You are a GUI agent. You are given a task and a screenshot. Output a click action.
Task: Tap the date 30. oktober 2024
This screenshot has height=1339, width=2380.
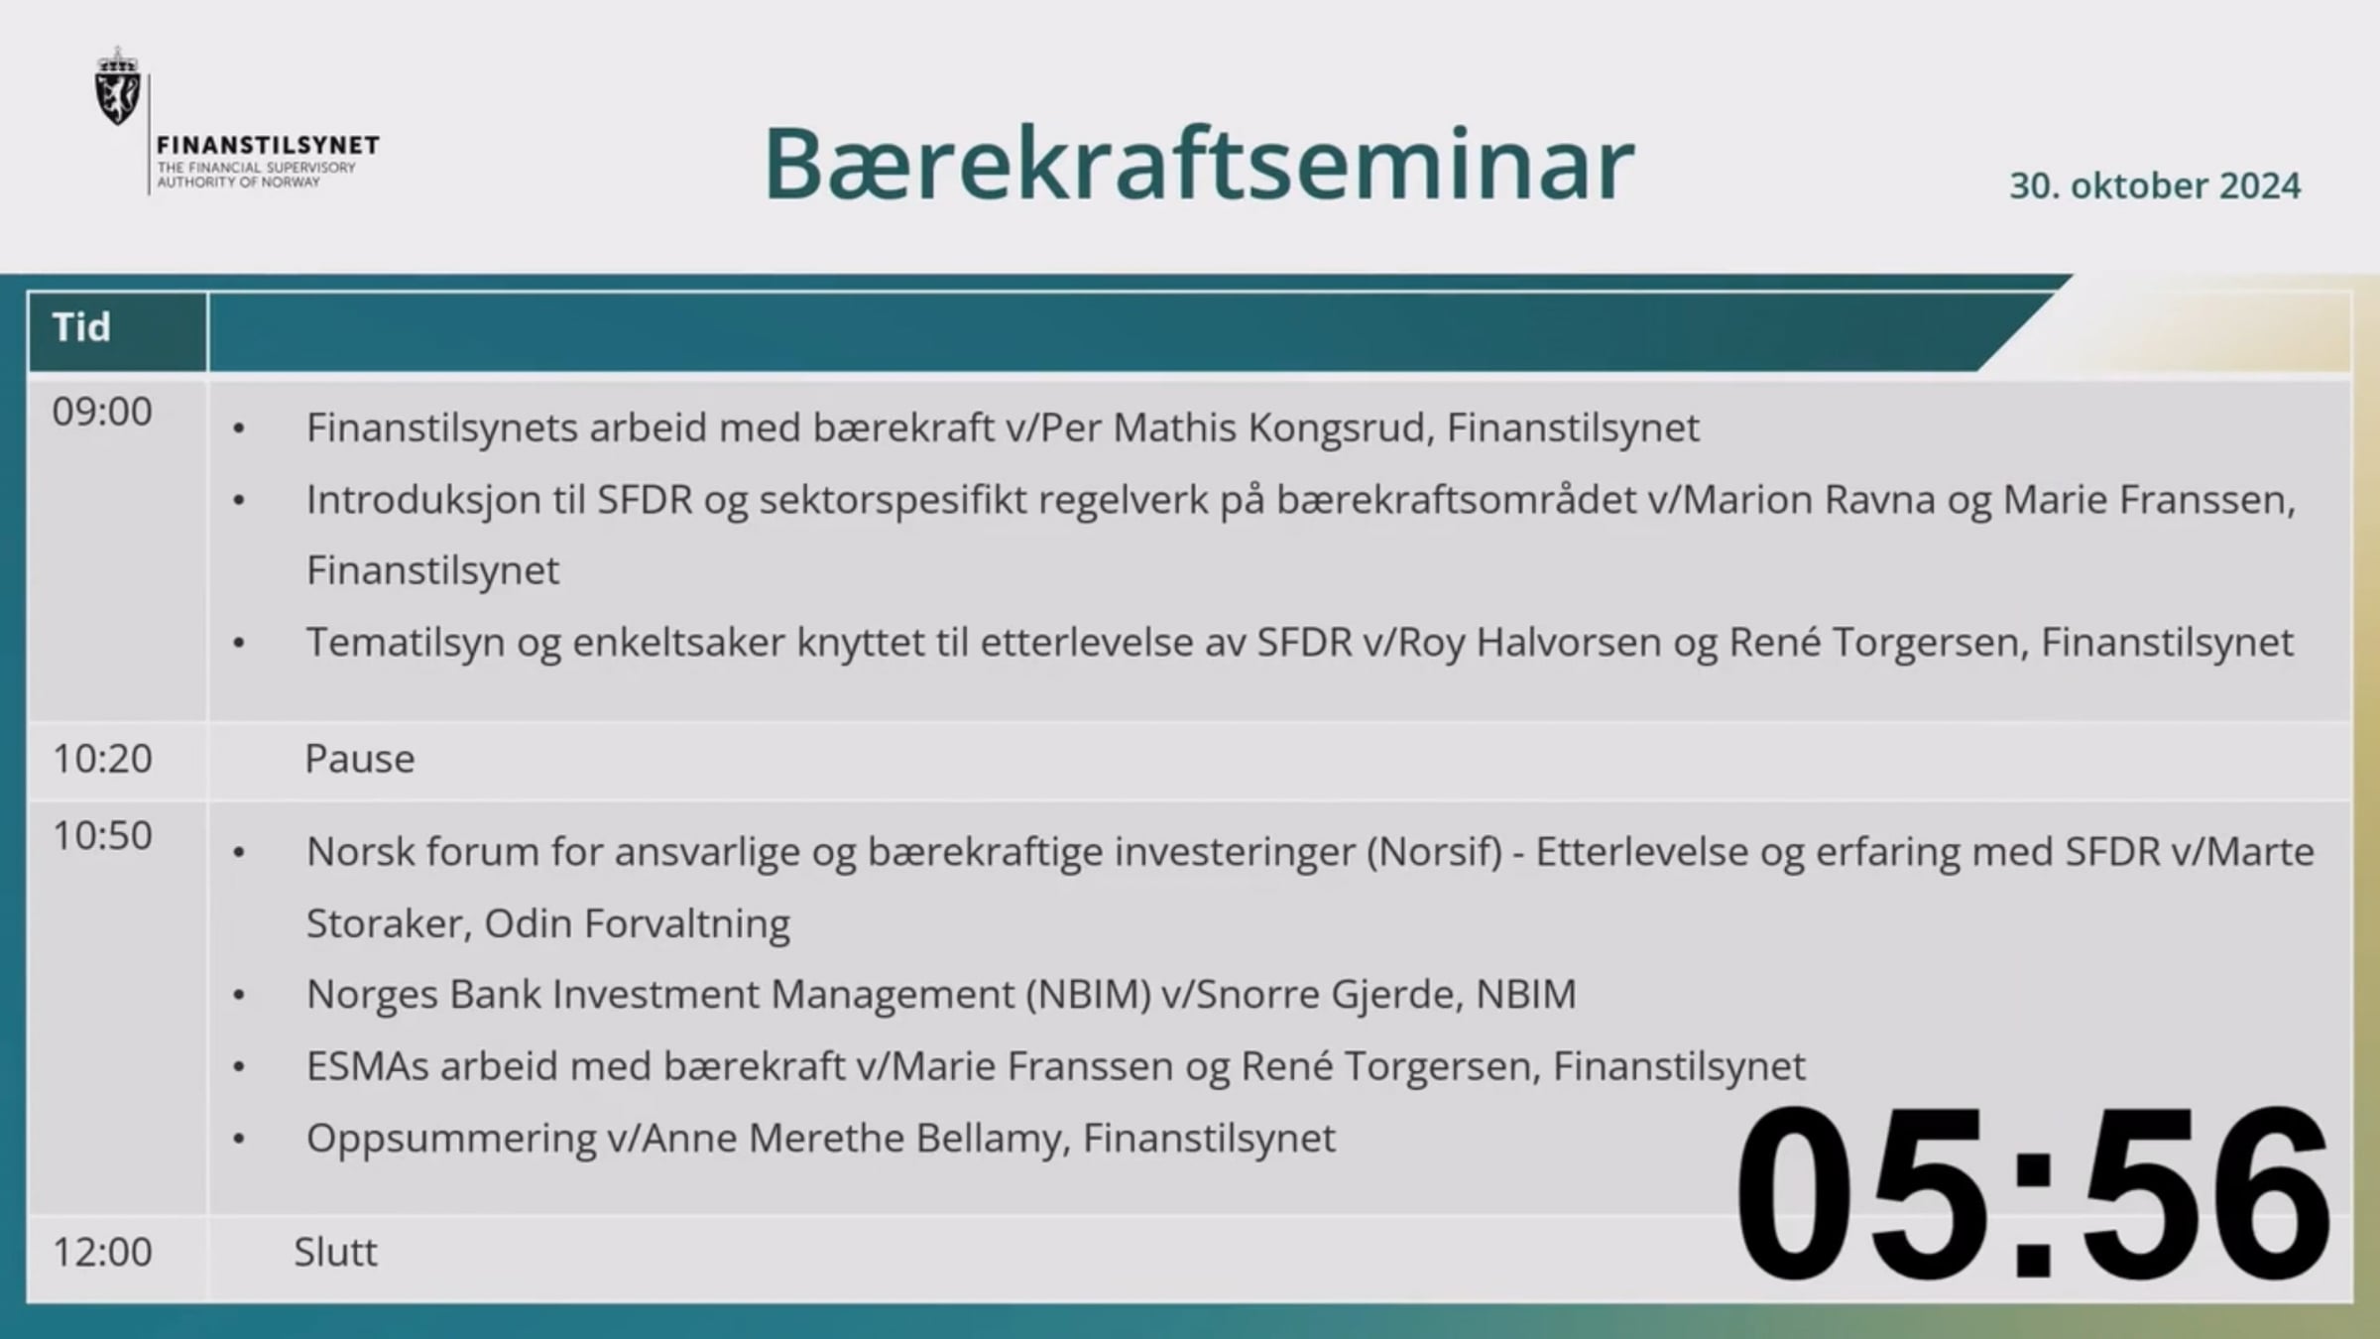click(2155, 185)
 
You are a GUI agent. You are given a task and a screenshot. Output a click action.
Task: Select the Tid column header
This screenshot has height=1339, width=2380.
click(81, 327)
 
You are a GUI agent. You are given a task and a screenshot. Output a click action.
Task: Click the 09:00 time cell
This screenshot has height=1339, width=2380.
click(102, 412)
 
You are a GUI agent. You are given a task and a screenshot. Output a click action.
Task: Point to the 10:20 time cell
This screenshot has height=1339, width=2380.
click(102, 759)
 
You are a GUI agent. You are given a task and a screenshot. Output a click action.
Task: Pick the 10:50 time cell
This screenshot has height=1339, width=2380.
click(102, 836)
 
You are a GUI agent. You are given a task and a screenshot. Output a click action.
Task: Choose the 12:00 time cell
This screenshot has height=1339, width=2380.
click(102, 1253)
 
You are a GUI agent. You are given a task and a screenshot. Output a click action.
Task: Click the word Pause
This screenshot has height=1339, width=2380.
click(360, 759)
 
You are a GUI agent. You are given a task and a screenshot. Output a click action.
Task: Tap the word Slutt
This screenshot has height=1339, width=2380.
click(335, 1253)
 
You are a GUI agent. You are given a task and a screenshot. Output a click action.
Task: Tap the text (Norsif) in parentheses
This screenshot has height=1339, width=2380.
click(1435, 852)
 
